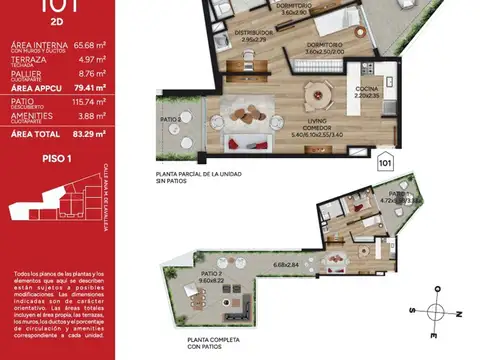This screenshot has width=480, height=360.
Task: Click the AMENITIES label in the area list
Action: coord(33,115)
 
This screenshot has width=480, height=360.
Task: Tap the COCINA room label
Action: coord(364,88)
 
